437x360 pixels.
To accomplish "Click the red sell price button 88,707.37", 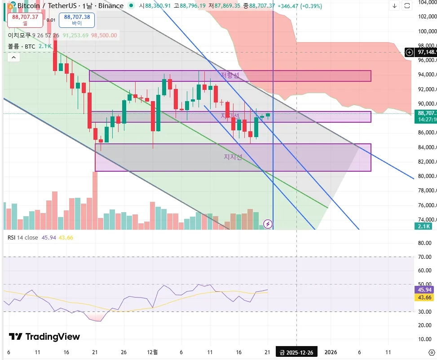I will [25, 20].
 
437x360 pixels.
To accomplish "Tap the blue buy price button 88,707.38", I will [77, 20].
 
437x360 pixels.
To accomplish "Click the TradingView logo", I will [44, 337].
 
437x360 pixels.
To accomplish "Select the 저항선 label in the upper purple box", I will [230, 75].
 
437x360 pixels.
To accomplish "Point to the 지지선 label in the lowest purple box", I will [233, 157].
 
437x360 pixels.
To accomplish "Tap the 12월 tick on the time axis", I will [153, 352].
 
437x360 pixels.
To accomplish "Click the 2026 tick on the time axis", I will [331, 352].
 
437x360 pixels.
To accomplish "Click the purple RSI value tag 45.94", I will [424, 290].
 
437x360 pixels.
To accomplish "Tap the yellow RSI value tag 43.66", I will [424, 298].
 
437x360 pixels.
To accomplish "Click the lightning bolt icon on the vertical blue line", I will [268, 223].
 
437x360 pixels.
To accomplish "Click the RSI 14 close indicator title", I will [22, 237].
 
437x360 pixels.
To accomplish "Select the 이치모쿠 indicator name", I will [19, 35].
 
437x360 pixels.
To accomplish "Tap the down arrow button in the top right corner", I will [394, 6].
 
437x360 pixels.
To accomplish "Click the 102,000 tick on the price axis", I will [427, 17].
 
